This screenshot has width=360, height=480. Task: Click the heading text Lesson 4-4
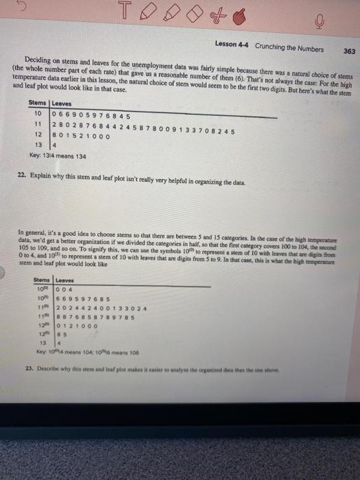232,46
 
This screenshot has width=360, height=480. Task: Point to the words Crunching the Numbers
289,47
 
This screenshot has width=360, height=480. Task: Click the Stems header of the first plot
38,103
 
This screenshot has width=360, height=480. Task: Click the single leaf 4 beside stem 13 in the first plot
55,145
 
